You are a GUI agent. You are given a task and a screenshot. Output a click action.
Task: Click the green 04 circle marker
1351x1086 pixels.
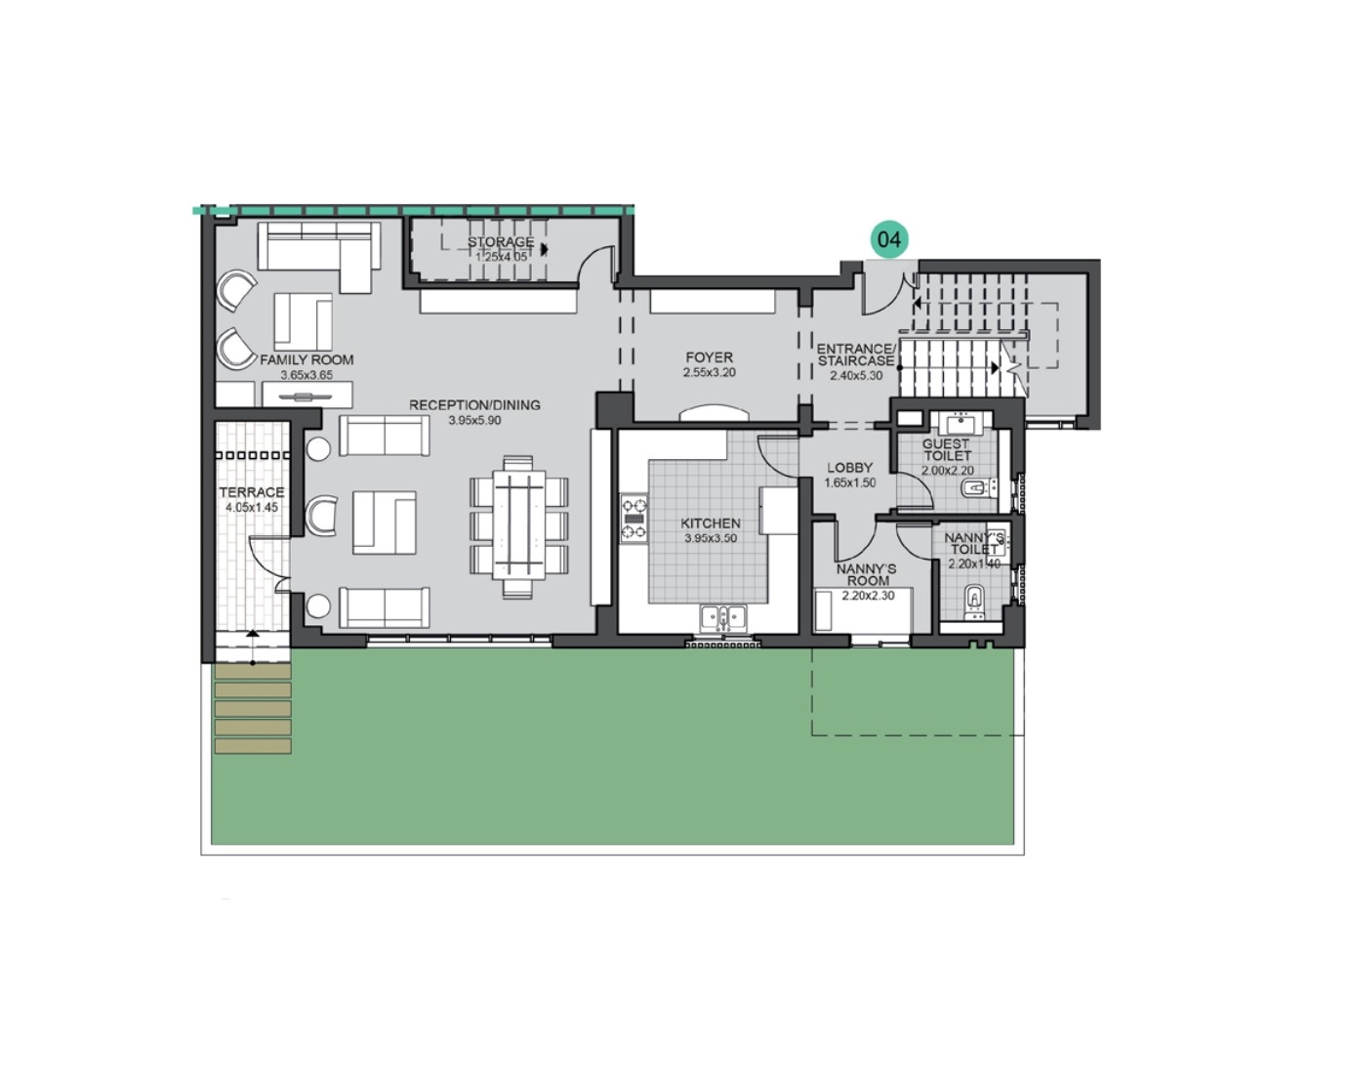pyautogui.click(x=888, y=239)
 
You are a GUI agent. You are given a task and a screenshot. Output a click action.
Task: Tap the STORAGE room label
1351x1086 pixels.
pyautogui.click(x=500, y=242)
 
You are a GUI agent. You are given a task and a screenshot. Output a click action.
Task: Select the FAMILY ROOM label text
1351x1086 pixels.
pyautogui.click(x=307, y=360)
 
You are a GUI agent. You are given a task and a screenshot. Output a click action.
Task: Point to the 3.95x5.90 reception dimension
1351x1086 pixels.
pyautogui.click(x=474, y=421)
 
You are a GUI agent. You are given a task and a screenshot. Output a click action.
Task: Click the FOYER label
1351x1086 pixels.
pyautogui.click(x=709, y=357)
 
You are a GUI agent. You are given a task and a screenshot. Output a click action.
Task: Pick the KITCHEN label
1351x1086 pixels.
pyautogui.click(x=710, y=524)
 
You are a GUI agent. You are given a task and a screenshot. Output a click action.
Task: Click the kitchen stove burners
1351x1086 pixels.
pyautogui.click(x=635, y=519)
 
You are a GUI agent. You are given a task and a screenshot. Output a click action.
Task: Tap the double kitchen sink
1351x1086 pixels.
pyautogui.click(x=723, y=617)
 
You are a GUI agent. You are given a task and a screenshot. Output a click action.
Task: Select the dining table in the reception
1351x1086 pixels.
pyautogui.click(x=518, y=526)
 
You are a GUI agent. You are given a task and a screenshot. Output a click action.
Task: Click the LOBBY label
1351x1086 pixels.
pyautogui.click(x=849, y=469)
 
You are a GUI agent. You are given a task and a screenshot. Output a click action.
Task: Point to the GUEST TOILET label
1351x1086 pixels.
pyautogui.click(x=947, y=449)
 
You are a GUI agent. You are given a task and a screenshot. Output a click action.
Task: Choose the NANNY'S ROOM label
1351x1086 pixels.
pyautogui.click(x=866, y=574)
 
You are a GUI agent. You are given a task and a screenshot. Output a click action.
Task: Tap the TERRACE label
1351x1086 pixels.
pyautogui.click(x=252, y=493)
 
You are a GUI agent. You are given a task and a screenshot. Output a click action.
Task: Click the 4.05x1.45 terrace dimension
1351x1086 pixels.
pyautogui.click(x=252, y=508)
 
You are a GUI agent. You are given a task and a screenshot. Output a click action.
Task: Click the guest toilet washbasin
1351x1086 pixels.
pyautogui.click(x=956, y=425)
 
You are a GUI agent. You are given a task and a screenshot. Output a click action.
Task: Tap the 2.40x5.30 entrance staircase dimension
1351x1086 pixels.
pyautogui.click(x=856, y=375)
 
